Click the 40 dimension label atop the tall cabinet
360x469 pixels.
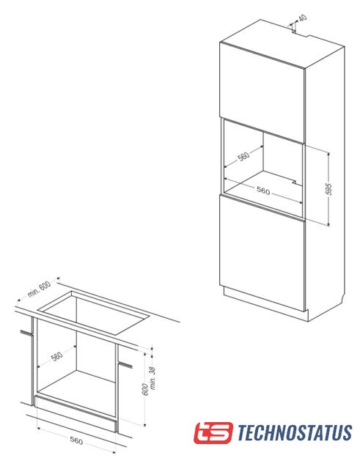[303, 18]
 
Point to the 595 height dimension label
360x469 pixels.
[328, 189]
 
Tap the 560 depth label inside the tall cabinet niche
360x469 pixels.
[243, 156]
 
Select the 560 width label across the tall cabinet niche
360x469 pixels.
[263, 191]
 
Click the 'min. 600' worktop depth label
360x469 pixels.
[39, 289]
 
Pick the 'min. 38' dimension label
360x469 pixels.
[153, 378]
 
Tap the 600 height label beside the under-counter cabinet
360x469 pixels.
[145, 389]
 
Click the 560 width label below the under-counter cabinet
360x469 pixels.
[76, 440]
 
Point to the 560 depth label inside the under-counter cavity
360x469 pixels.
[56, 356]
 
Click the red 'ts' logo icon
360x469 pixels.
[213, 432]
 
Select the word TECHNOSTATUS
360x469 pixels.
[295, 432]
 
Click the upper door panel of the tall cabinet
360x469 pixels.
[262, 93]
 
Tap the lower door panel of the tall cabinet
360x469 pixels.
[262, 253]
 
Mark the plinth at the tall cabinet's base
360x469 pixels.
[265, 305]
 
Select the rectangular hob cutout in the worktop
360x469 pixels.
[94, 313]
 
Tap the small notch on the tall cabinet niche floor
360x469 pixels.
[295, 182]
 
